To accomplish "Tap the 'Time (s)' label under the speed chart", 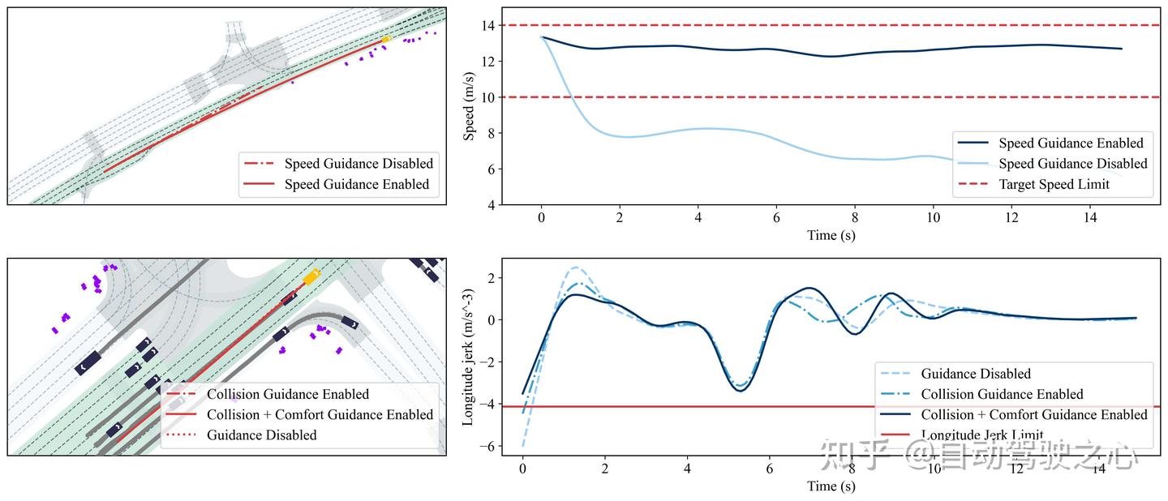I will point(831,236).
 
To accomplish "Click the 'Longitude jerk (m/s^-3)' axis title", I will point(469,357).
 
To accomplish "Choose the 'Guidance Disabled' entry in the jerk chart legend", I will point(975,374).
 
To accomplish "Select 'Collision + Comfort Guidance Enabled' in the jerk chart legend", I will point(1034,414).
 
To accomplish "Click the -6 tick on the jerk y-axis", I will point(489,446).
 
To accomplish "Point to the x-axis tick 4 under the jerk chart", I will point(687,469).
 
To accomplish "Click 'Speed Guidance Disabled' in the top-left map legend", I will point(358,163).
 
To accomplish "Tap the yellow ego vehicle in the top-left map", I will point(386,38).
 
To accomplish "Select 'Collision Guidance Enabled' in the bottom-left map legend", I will point(287,394).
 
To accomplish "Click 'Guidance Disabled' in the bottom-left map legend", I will point(261,435).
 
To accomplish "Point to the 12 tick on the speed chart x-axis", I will point(1011,219).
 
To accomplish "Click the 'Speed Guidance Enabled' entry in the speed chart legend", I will point(1070,143).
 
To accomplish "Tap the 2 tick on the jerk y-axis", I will point(492,277).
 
